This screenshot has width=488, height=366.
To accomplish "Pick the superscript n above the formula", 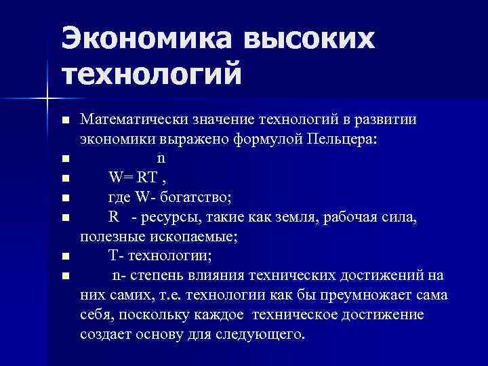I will click(x=161, y=159).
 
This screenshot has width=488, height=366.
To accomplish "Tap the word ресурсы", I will click(x=169, y=218).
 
